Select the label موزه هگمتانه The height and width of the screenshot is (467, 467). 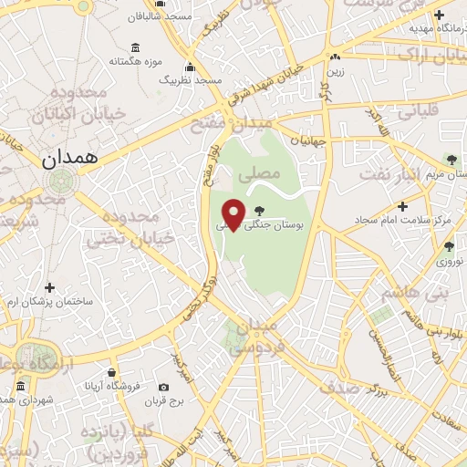(135, 61)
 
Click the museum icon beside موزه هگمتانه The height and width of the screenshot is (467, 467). (135, 47)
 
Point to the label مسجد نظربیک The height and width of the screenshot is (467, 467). (191, 79)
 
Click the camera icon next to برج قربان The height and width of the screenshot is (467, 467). (163, 387)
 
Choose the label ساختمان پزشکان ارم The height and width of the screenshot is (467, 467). (54, 300)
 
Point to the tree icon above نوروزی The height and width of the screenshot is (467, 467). (449, 245)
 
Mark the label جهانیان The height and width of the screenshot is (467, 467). (308, 141)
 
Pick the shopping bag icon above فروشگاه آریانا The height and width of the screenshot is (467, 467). (112, 372)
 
